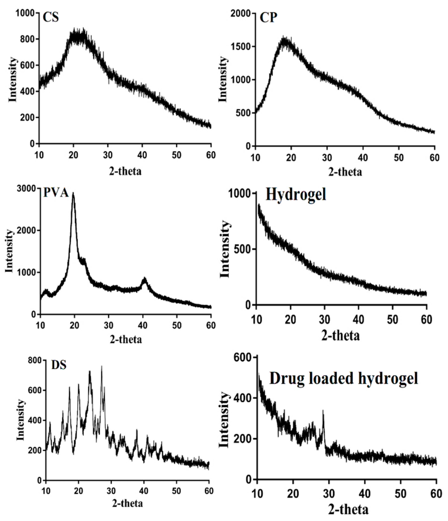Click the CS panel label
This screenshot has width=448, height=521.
[51, 18]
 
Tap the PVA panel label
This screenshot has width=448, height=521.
[56, 193]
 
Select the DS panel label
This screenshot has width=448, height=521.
[59, 365]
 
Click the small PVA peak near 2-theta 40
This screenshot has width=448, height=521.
[144, 278]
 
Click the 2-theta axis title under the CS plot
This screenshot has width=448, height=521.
[125, 171]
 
